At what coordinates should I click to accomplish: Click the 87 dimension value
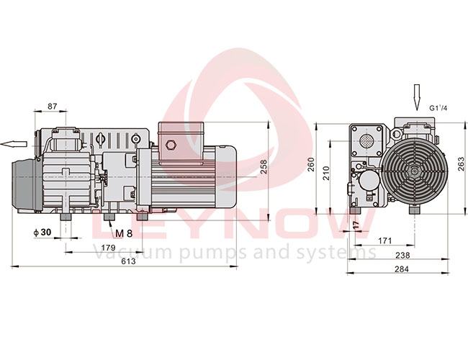tap(53, 106)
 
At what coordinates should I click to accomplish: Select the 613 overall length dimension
tap(128, 261)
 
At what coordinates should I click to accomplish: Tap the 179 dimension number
tap(108, 248)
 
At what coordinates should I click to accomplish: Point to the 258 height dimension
tap(264, 167)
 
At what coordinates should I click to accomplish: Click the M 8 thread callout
tap(124, 233)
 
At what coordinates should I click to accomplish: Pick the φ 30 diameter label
tap(42, 232)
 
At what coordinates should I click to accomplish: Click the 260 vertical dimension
tap(311, 164)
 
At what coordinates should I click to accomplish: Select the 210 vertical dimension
tap(326, 173)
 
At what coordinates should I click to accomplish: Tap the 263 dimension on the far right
tap(461, 163)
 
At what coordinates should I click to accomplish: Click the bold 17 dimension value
tap(356, 225)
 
